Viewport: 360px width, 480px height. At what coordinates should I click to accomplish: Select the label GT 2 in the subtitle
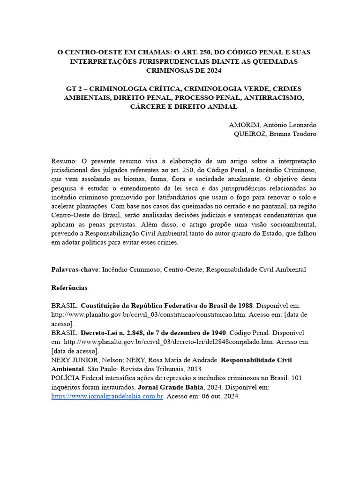pyautogui.click(x=74, y=89)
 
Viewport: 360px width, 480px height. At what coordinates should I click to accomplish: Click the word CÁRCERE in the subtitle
pyautogui.click(x=148, y=106)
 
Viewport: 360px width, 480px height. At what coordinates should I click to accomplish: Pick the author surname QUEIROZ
pyautogui.click(x=251, y=134)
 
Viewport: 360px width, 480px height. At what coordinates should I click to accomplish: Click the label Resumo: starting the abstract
pyautogui.click(x=63, y=161)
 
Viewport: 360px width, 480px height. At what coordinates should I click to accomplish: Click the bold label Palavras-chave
pyautogui.click(x=75, y=270)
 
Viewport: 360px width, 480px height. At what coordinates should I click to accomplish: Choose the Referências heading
pyautogui.click(x=69, y=287)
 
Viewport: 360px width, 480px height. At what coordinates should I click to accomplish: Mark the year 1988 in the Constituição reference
pyautogui.click(x=244, y=306)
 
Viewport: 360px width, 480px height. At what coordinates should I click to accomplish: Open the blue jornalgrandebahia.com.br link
pyautogui.click(x=107, y=397)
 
